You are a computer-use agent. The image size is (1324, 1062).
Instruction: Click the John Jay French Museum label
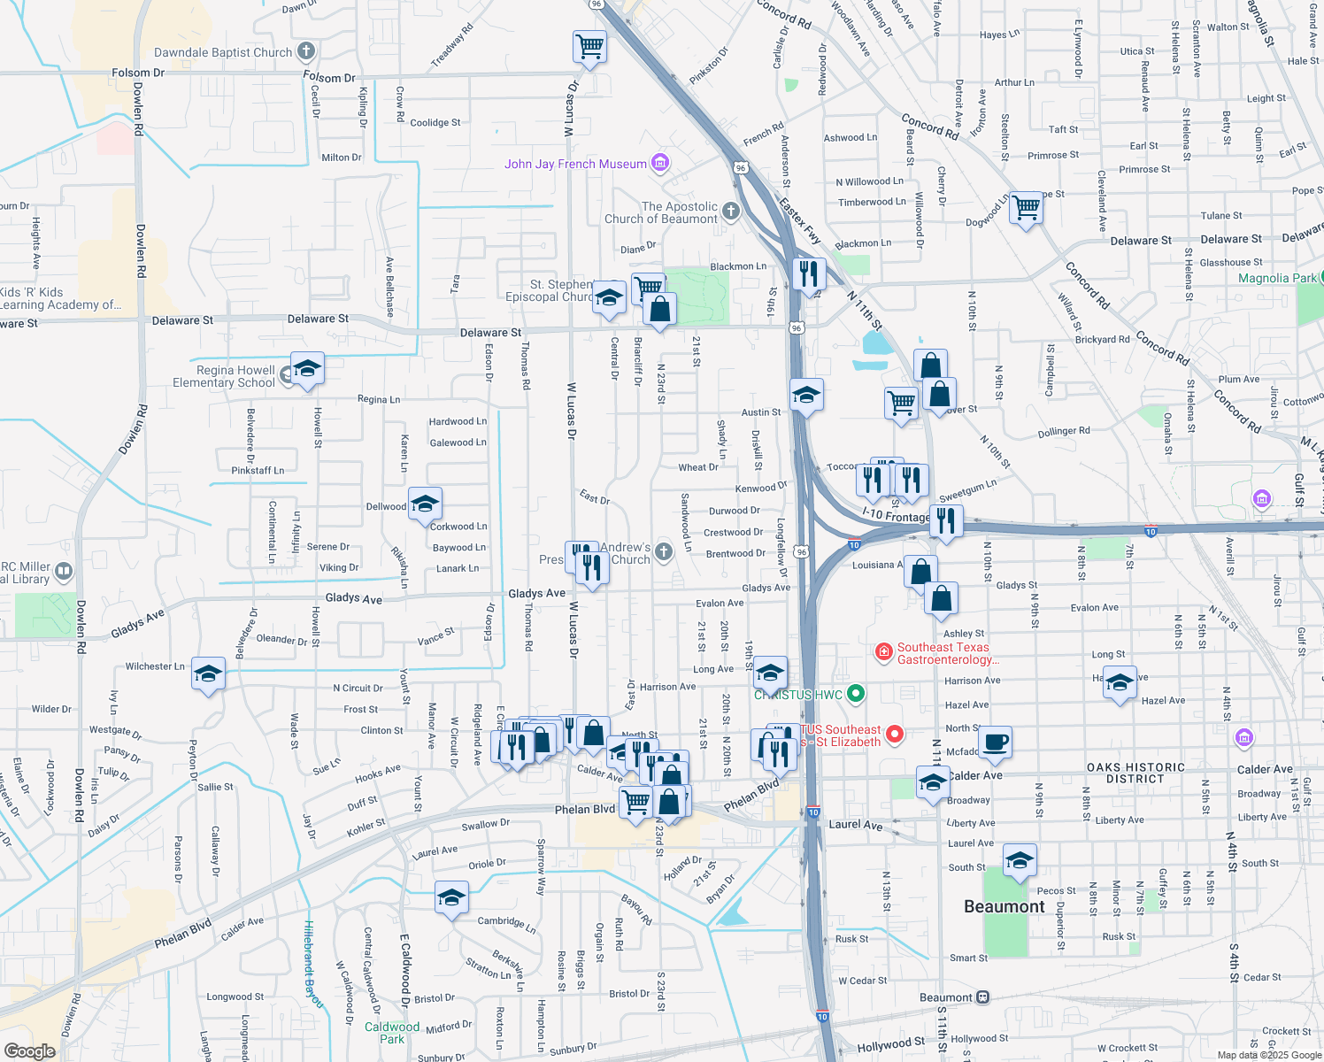coord(575,164)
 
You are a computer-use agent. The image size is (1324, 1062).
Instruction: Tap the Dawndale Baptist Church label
coord(223,52)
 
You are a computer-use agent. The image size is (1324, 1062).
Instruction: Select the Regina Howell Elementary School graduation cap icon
coord(307,368)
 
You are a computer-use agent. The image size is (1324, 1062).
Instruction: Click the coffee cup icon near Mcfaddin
coord(997,742)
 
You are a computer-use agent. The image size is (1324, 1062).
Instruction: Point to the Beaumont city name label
coord(1004,906)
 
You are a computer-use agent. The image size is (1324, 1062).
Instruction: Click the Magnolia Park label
coord(1277,278)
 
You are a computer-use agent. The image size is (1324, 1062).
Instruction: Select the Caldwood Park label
coord(392,1033)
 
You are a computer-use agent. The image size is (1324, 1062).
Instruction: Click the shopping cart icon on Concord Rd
coord(1027,208)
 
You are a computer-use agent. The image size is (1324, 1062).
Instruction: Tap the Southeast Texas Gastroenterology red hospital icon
coord(883,653)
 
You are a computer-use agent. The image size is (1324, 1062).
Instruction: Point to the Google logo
coord(29,1050)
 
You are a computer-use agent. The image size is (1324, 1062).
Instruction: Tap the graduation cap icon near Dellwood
coord(425,504)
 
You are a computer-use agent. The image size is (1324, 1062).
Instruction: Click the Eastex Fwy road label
coord(800,220)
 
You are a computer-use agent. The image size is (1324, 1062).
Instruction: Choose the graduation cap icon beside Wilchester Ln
coord(208,673)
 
